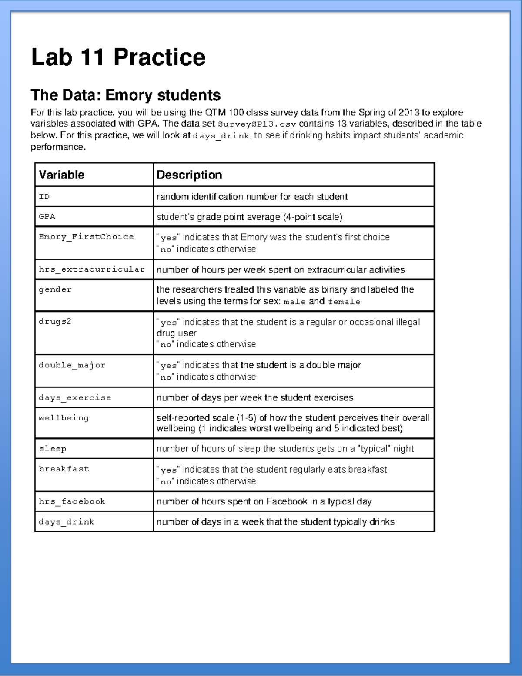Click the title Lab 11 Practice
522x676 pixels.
click(x=118, y=57)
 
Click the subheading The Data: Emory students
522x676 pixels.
click(x=126, y=95)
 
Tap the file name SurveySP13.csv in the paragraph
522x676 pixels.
click(x=257, y=124)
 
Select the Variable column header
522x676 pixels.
click(x=62, y=175)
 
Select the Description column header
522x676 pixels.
click(x=189, y=175)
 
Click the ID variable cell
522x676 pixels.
click(x=44, y=197)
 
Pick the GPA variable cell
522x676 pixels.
click(x=47, y=216)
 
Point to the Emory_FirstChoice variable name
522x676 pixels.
click(x=86, y=237)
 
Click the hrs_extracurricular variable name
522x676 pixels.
click(x=91, y=269)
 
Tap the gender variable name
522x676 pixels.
click(x=55, y=289)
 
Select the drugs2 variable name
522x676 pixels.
click(x=55, y=322)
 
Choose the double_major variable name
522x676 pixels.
click(x=72, y=365)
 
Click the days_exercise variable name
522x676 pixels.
click(x=75, y=397)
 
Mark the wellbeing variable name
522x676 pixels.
click(x=64, y=418)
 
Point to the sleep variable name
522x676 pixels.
click(x=53, y=449)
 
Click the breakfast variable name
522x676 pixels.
click(x=64, y=469)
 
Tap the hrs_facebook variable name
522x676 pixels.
click(x=72, y=501)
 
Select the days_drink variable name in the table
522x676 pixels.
click(x=67, y=521)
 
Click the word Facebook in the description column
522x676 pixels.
click(x=287, y=501)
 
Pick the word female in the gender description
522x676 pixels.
click(x=344, y=302)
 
